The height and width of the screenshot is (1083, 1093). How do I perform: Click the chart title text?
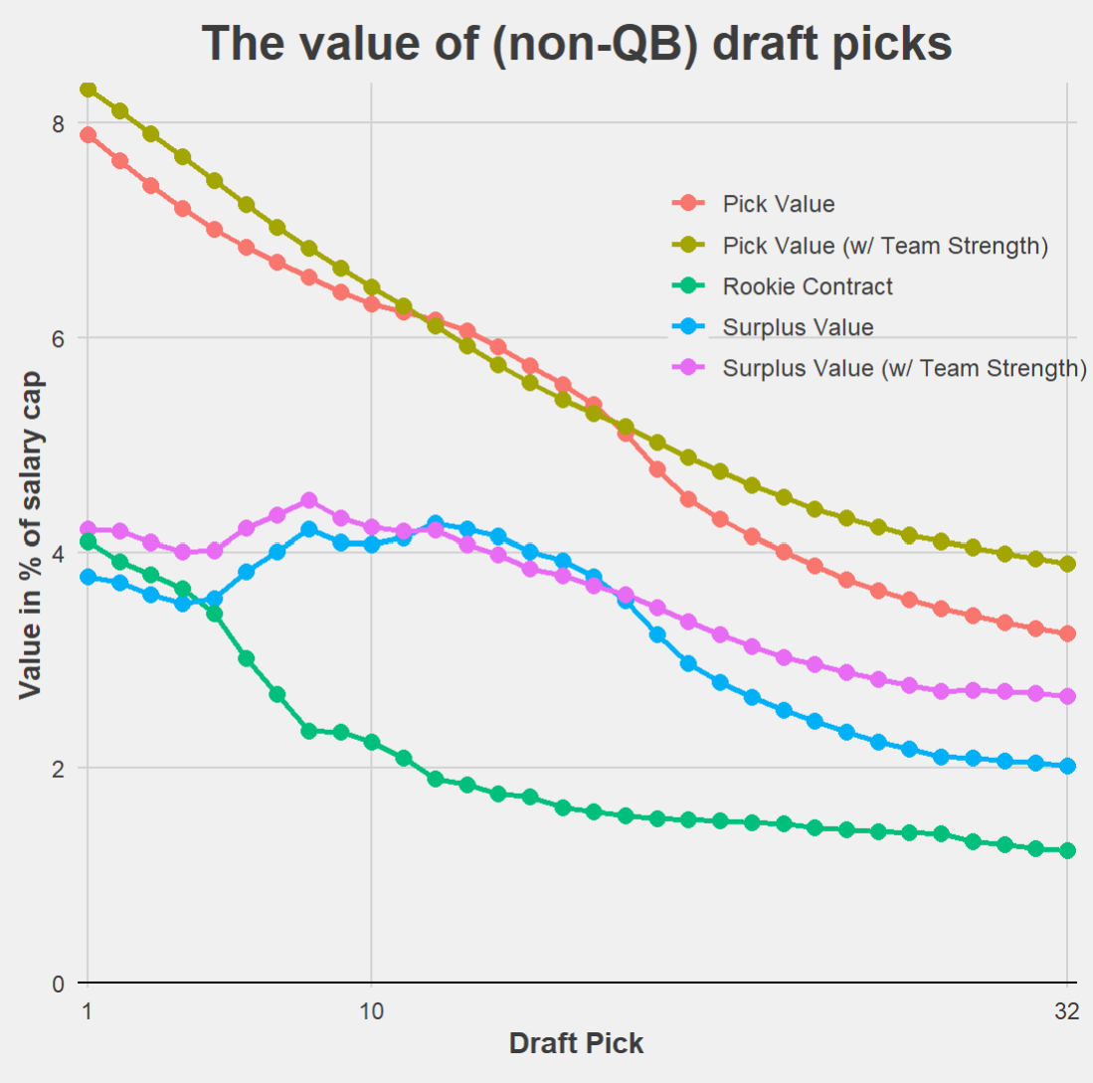click(x=577, y=44)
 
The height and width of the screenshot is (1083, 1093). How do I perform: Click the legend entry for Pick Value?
click(x=779, y=204)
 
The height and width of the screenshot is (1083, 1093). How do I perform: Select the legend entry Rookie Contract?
click(x=808, y=286)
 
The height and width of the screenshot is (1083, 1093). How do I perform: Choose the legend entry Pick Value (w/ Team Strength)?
click(x=885, y=245)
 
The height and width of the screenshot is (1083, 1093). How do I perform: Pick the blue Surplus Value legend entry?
click(x=799, y=327)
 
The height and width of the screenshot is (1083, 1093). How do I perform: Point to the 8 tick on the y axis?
click(x=58, y=123)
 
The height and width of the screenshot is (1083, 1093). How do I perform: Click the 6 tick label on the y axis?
click(x=58, y=338)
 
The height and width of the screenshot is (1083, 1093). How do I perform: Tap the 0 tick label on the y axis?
click(x=58, y=983)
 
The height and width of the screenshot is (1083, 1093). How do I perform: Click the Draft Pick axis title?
click(x=576, y=1044)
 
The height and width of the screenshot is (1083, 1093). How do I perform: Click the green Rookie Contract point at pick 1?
click(x=89, y=542)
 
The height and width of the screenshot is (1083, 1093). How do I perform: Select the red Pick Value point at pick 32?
click(x=1067, y=633)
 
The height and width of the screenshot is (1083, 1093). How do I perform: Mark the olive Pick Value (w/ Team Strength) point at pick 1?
click(x=89, y=90)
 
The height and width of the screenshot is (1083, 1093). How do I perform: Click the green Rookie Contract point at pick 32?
click(x=1067, y=850)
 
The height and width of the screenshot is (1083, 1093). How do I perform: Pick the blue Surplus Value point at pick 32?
click(x=1067, y=766)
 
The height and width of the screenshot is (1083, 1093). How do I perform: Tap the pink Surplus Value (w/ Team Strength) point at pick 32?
click(x=1067, y=696)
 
